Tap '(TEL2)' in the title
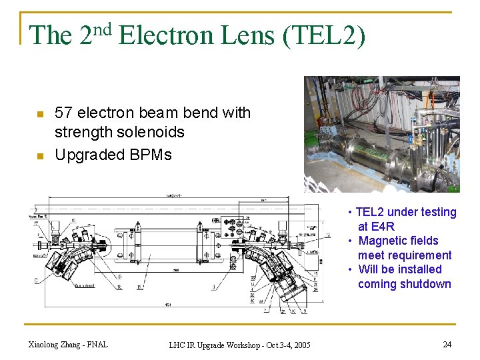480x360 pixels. (324, 35)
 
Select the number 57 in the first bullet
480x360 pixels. (63, 113)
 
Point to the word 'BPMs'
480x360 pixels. (153, 155)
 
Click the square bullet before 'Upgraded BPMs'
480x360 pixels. (40, 156)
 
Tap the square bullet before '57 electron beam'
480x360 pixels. (40, 114)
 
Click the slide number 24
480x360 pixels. (447, 344)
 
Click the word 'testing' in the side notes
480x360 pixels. (437, 212)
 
